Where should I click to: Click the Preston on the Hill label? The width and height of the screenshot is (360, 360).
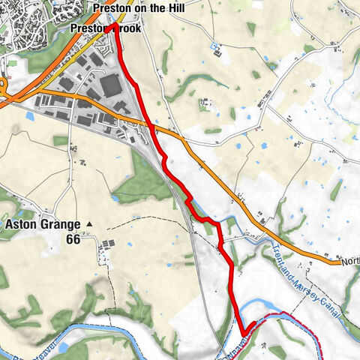142,9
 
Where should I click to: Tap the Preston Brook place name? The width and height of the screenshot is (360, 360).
105,28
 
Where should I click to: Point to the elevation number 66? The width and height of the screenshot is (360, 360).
73,239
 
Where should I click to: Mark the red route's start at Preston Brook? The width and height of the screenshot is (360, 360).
112,27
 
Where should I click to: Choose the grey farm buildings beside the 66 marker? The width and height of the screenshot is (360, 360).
109,244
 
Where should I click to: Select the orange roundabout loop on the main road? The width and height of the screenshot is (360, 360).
4,88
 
